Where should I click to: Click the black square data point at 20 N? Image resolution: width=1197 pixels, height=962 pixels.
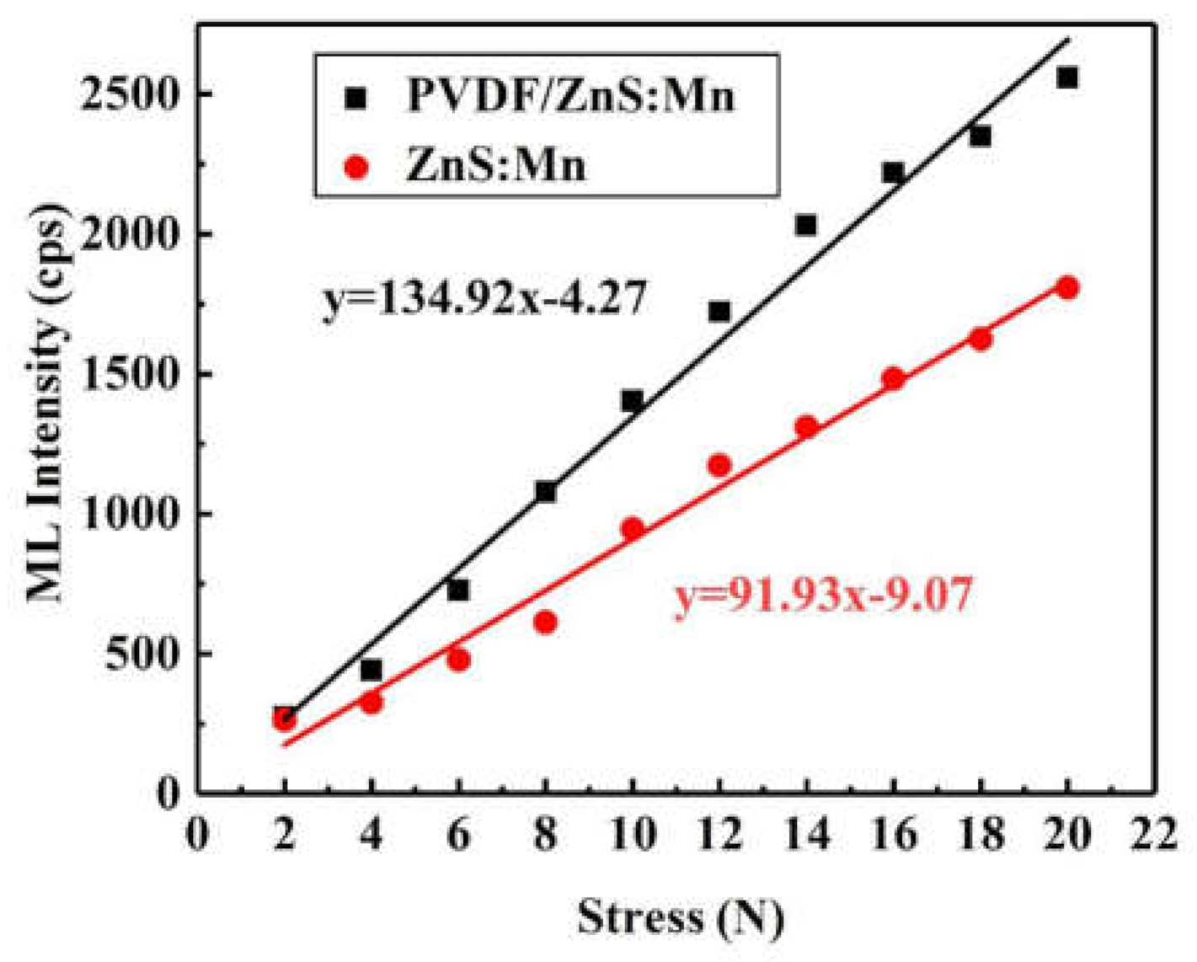coord(1067,77)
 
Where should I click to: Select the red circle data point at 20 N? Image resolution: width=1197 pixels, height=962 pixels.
coord(1067,288)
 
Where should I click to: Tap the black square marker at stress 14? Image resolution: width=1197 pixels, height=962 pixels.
coord(806,225)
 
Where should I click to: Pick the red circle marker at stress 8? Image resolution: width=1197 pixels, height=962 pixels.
coord(545,623)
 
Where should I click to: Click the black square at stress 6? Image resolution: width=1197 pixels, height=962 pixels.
coord(458,591)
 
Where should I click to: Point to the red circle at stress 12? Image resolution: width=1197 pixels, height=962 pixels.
coord(719,465)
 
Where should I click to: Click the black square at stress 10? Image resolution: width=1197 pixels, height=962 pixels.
coord(633,401)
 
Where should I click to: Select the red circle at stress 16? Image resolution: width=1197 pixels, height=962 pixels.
coord(894,379)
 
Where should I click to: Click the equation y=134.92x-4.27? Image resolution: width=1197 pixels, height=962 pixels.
coord(484,299)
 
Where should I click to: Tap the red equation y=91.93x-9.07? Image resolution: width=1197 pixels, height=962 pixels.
coord(823,597)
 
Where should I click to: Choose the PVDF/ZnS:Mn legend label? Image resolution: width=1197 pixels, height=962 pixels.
coord(571,96)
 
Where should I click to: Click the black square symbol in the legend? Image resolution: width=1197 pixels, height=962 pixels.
coord(357,98)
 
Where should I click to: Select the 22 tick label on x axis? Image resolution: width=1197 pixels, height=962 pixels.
coord(1153,838)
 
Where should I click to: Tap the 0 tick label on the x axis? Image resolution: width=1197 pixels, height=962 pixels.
coord(197,838)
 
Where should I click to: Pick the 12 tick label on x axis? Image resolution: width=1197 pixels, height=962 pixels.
coord(719,838)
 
